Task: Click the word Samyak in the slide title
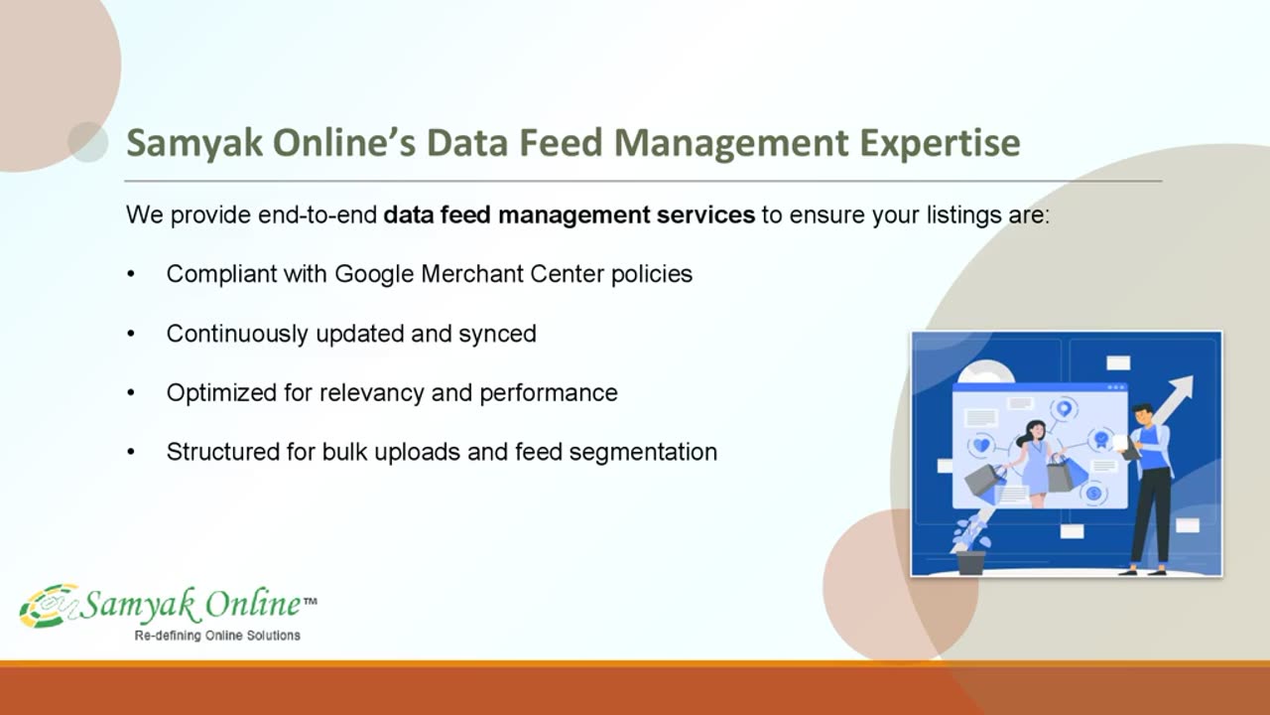pyautogui.click(x=194, y=143)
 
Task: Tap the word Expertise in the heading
pyautogui.click(x=940, y=143)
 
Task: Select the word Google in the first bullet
pyautogui.click(x=374, y=275)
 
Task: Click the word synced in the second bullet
pyautogui.click(x=497, y=334)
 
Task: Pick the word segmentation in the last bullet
pyautogui.click(x=643, y=452)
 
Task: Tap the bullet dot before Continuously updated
pyautogui.click(x=131, y=334)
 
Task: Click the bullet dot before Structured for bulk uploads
pyautogui.click(x=131, y=452)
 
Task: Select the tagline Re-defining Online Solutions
pyautogui.click(x=217, y=636)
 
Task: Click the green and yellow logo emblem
pyautogui.click(x=50, y=606)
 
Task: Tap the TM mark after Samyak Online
pyautogui.click(x=311, y=601)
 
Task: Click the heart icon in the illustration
pyautogui.click(x=982, y=445)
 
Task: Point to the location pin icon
pyautogui.click(x=1065, y=408)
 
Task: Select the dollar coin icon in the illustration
pyautogui.click(x=1093, y=494)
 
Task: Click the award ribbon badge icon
pyautogui.click(x=1101, y=439)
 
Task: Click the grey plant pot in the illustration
pyautogui.click(x=971, y=563)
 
